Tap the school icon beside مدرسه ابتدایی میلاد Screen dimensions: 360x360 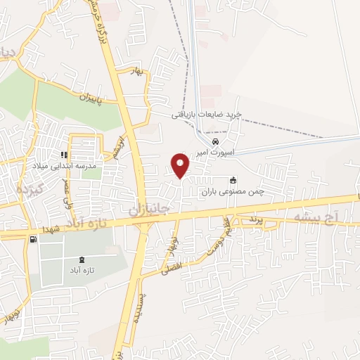[65, 155]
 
